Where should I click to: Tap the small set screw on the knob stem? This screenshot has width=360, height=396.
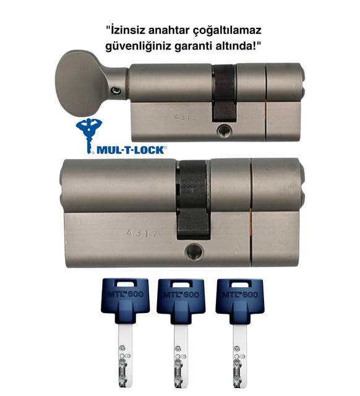click(x=116, y=90)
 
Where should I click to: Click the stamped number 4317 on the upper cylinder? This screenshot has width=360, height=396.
click(x=185, y=118)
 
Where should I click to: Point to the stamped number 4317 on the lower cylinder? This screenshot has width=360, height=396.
click(x=142, y=233)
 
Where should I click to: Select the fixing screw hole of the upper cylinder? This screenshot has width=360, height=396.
click(x=225, y=131)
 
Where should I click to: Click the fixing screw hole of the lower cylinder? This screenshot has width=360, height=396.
click(x=194, y=252)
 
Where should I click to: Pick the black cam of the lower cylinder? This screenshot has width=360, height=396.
click(x=193, y=199)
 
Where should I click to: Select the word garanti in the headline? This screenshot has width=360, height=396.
click(x=192, y=47)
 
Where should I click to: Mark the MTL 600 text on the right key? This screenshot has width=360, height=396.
click(x=240, y=295)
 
